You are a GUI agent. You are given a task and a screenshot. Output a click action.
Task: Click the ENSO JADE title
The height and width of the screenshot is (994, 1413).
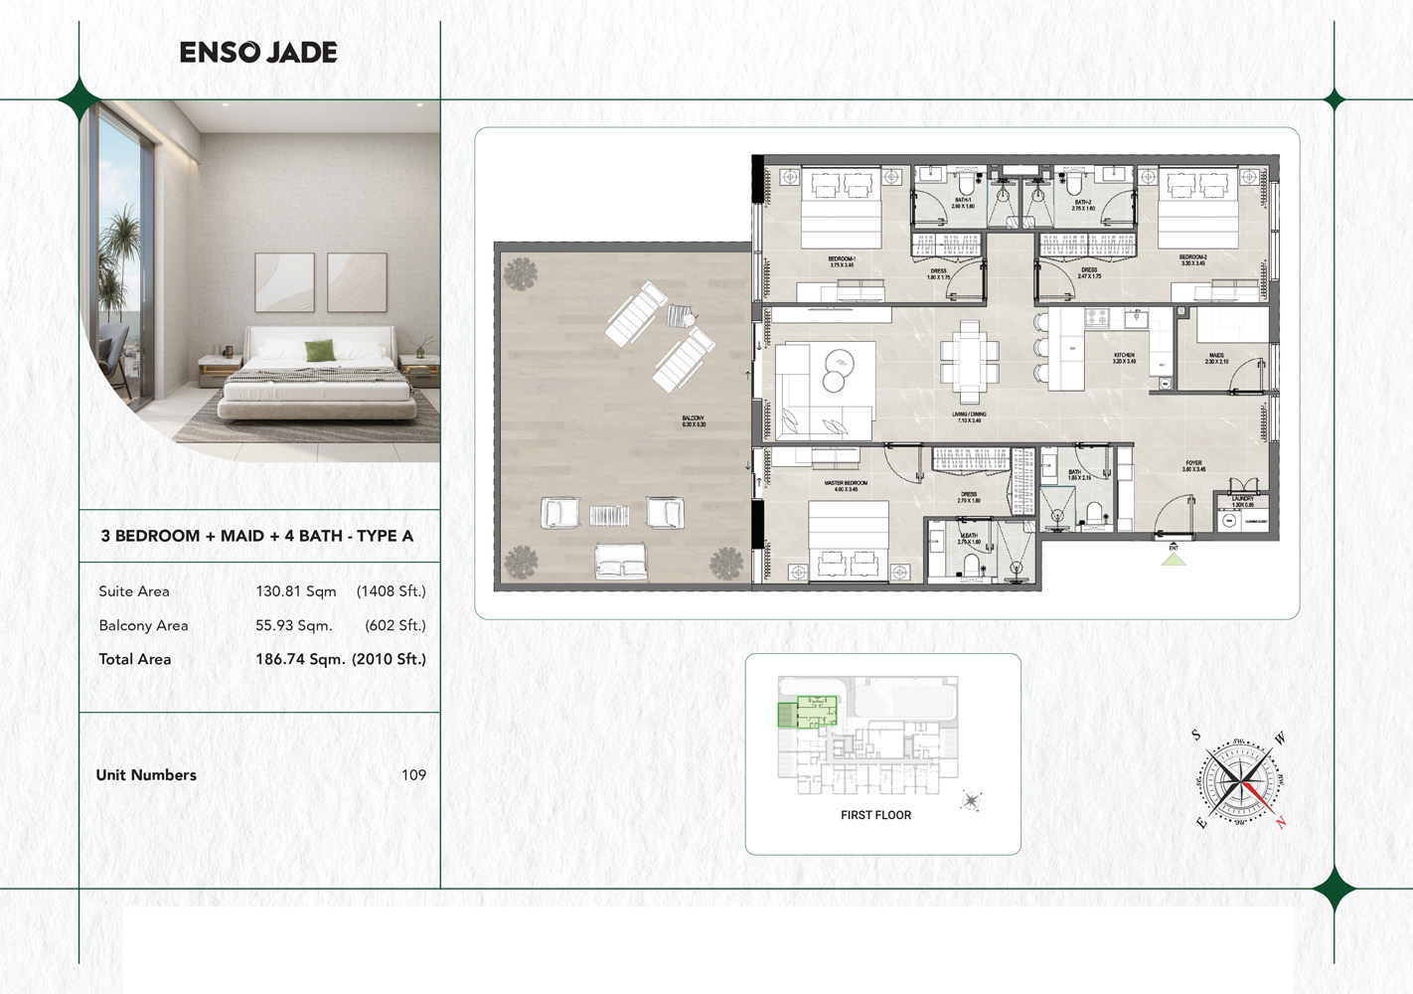click(258, 53)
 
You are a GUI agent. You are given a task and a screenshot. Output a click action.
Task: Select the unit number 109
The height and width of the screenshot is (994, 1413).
click(413, 775)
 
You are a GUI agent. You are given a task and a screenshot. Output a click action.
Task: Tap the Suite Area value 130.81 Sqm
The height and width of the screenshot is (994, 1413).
click(296, 591)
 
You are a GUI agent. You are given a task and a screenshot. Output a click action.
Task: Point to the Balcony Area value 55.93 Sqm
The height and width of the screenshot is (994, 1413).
click(294, 625)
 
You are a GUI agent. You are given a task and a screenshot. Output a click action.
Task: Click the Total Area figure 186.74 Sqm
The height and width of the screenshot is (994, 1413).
click(300, 659)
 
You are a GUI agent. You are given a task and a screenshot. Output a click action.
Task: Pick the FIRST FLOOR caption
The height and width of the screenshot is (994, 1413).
click(875, 815)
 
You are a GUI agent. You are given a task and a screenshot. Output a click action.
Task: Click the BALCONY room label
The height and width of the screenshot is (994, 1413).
click(693, 421)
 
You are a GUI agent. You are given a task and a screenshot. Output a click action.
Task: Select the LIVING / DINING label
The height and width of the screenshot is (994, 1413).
click(969, 416)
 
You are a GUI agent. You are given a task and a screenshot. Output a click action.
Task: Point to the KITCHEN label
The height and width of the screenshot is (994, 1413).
click(1124, 358)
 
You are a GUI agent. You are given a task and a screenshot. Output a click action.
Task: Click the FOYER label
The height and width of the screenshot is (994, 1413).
click(1193, 465)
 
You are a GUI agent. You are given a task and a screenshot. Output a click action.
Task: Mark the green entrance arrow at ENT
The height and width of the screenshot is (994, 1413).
click(1174, 560)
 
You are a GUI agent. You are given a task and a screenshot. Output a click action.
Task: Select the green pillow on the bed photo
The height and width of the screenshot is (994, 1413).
click(319, 350)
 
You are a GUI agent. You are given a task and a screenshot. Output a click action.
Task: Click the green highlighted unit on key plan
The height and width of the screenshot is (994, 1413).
click(808, 710)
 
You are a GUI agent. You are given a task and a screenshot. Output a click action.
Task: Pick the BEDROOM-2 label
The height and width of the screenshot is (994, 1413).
click(1192, 260)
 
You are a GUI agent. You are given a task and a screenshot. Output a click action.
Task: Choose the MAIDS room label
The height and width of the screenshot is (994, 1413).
click(1216, 358)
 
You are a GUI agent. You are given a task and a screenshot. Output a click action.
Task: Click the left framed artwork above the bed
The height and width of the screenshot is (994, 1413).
click(284, 281)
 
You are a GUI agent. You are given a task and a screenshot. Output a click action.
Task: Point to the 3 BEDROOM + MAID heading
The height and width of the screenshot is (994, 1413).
click(257, 536)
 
